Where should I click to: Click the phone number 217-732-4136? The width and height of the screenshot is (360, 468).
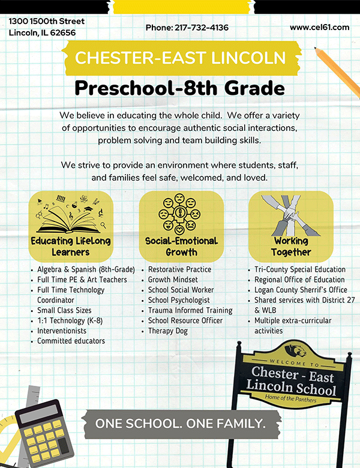(187, 28)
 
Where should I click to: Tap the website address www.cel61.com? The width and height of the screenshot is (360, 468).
(319, 27)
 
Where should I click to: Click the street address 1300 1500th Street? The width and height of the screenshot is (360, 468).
(46, 21)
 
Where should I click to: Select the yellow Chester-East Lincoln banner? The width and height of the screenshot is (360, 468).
(180, 58)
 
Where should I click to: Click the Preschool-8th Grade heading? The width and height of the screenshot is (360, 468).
(179, 89)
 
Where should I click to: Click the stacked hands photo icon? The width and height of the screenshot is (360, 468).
(291, 214)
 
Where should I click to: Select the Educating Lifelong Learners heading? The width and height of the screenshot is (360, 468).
(70, 247)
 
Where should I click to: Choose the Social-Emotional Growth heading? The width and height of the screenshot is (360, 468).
(181, 247)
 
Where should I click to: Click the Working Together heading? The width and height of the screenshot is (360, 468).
(291, 247)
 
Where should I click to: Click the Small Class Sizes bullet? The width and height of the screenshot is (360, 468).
(65, 310)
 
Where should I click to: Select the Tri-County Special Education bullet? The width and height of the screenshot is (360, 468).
(299, 269)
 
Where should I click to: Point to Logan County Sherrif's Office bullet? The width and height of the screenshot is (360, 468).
(301, 290)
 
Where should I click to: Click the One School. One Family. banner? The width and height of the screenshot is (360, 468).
(180, 424)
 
